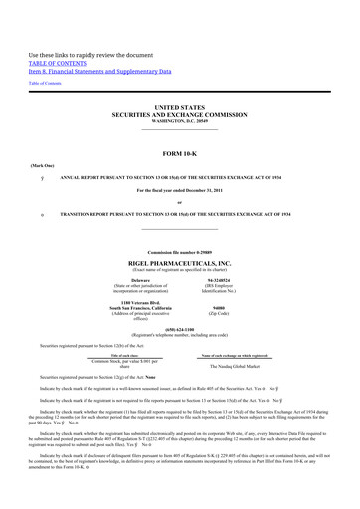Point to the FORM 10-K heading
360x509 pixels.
(180, 154)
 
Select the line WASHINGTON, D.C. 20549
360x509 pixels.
(180, 120)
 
